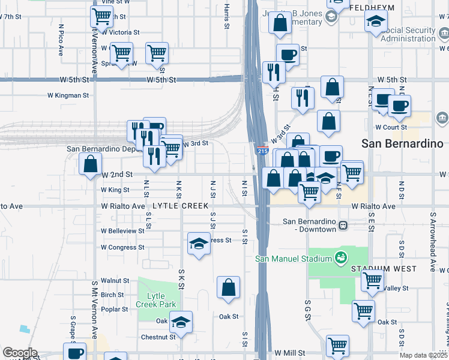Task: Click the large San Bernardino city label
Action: tap(403, 143)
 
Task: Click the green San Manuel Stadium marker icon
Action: tap(341, 259)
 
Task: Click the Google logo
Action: tap(19, 353)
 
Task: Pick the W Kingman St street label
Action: tap(68, 95)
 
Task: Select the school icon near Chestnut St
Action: tap(181, 322)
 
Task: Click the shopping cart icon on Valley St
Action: tap(373, 279)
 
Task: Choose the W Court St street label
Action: tap(391, 127)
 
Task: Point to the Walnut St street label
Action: tap(115, 280)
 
